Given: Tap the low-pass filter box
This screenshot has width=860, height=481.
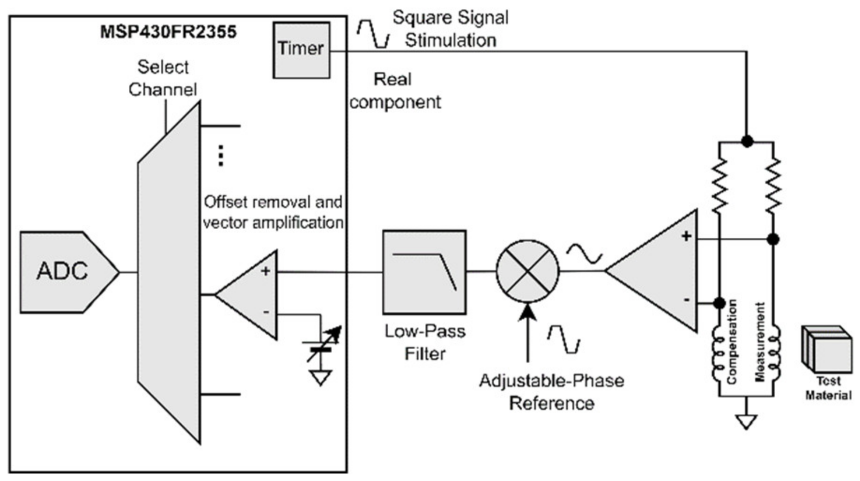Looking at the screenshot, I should [424, 272].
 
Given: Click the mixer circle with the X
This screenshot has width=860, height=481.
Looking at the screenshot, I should [527, 271].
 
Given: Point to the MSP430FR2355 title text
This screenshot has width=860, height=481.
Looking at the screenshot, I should [168, 32].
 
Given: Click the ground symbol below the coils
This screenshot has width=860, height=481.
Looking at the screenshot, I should [746, 421].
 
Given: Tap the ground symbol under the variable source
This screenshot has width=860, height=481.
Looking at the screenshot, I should [320, 377].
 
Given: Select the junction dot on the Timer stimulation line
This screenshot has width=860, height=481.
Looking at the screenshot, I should [747, 141].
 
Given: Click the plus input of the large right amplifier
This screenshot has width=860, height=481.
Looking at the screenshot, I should [686, 236].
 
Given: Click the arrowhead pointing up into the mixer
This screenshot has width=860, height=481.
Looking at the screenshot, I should [527, 312].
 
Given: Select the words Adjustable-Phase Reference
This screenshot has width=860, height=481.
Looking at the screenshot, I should [551, 391].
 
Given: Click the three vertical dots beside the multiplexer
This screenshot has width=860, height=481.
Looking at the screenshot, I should [221, 156].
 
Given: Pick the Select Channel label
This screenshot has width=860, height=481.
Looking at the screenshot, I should [163, 78].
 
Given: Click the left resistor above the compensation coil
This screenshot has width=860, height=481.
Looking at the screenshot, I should [719, 184].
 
